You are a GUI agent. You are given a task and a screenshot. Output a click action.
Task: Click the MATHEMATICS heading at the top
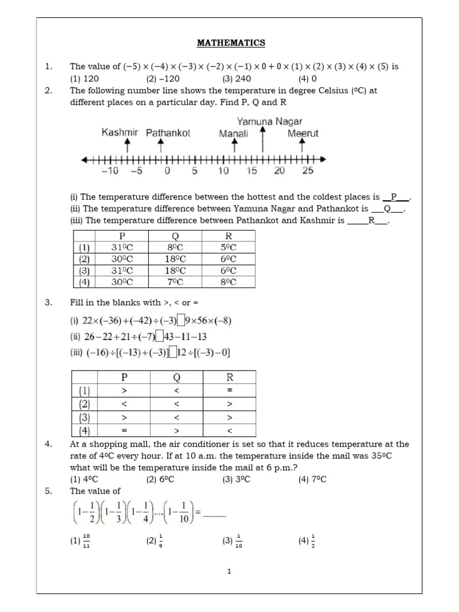coord(231,43)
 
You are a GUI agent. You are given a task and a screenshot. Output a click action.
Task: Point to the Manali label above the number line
coord(233,133)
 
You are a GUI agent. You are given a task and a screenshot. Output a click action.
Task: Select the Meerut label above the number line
coord(302,133)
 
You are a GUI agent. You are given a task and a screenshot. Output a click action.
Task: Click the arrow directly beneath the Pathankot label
coord(167,146)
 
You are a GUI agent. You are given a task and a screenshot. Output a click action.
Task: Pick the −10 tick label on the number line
coord(110,171)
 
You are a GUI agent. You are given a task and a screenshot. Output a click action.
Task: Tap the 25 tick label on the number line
coord(307,171)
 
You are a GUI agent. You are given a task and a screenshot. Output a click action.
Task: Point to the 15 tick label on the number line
coord(252,171)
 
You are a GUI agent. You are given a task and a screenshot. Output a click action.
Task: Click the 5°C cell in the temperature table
coord(228,247)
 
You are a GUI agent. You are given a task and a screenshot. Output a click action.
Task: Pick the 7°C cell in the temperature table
coord(175,282)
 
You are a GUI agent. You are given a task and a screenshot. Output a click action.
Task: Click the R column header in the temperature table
coord(228,236)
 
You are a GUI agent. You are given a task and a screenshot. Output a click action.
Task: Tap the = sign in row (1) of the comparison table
coord(229,390)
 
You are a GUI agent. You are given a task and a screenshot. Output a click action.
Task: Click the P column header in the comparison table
coord(124,377)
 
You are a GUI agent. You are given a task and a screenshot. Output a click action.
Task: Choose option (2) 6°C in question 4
coord(160,479)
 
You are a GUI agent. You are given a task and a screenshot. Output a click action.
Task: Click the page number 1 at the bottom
coord(229,572)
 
